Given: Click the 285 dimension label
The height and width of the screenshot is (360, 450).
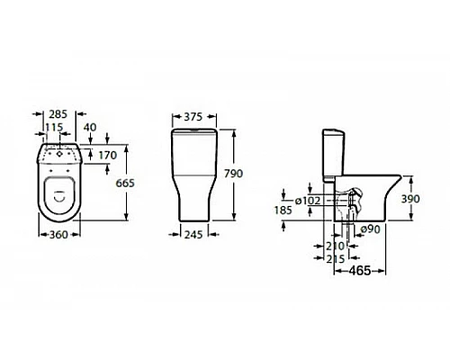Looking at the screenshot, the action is (58, 114).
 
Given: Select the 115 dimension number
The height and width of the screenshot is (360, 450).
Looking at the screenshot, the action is (54, 128).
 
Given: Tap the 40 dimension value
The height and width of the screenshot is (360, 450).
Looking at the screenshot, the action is (90, 127).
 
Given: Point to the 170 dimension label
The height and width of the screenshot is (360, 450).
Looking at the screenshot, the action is (108, 156).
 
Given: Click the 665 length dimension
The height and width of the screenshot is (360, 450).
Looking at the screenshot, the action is (125, 183).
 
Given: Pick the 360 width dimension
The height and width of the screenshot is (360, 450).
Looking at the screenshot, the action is (58, 235).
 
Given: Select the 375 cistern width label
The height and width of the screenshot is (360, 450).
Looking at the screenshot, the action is (193, 117).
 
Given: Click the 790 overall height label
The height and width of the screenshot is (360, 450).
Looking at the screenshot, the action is (234, 174).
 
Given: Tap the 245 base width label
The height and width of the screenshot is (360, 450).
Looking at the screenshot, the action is (193, 235).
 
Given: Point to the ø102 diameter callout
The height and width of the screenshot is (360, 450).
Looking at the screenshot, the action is (308, 201).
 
